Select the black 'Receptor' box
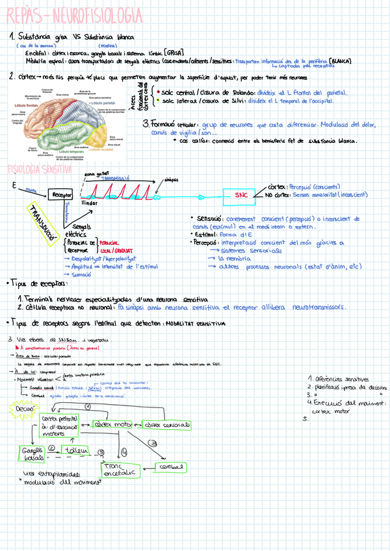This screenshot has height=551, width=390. click(x=61, y=194)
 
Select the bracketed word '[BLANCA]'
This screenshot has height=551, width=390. click(x=341, y=60)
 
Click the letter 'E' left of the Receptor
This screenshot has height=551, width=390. click(x=13, y=186)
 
